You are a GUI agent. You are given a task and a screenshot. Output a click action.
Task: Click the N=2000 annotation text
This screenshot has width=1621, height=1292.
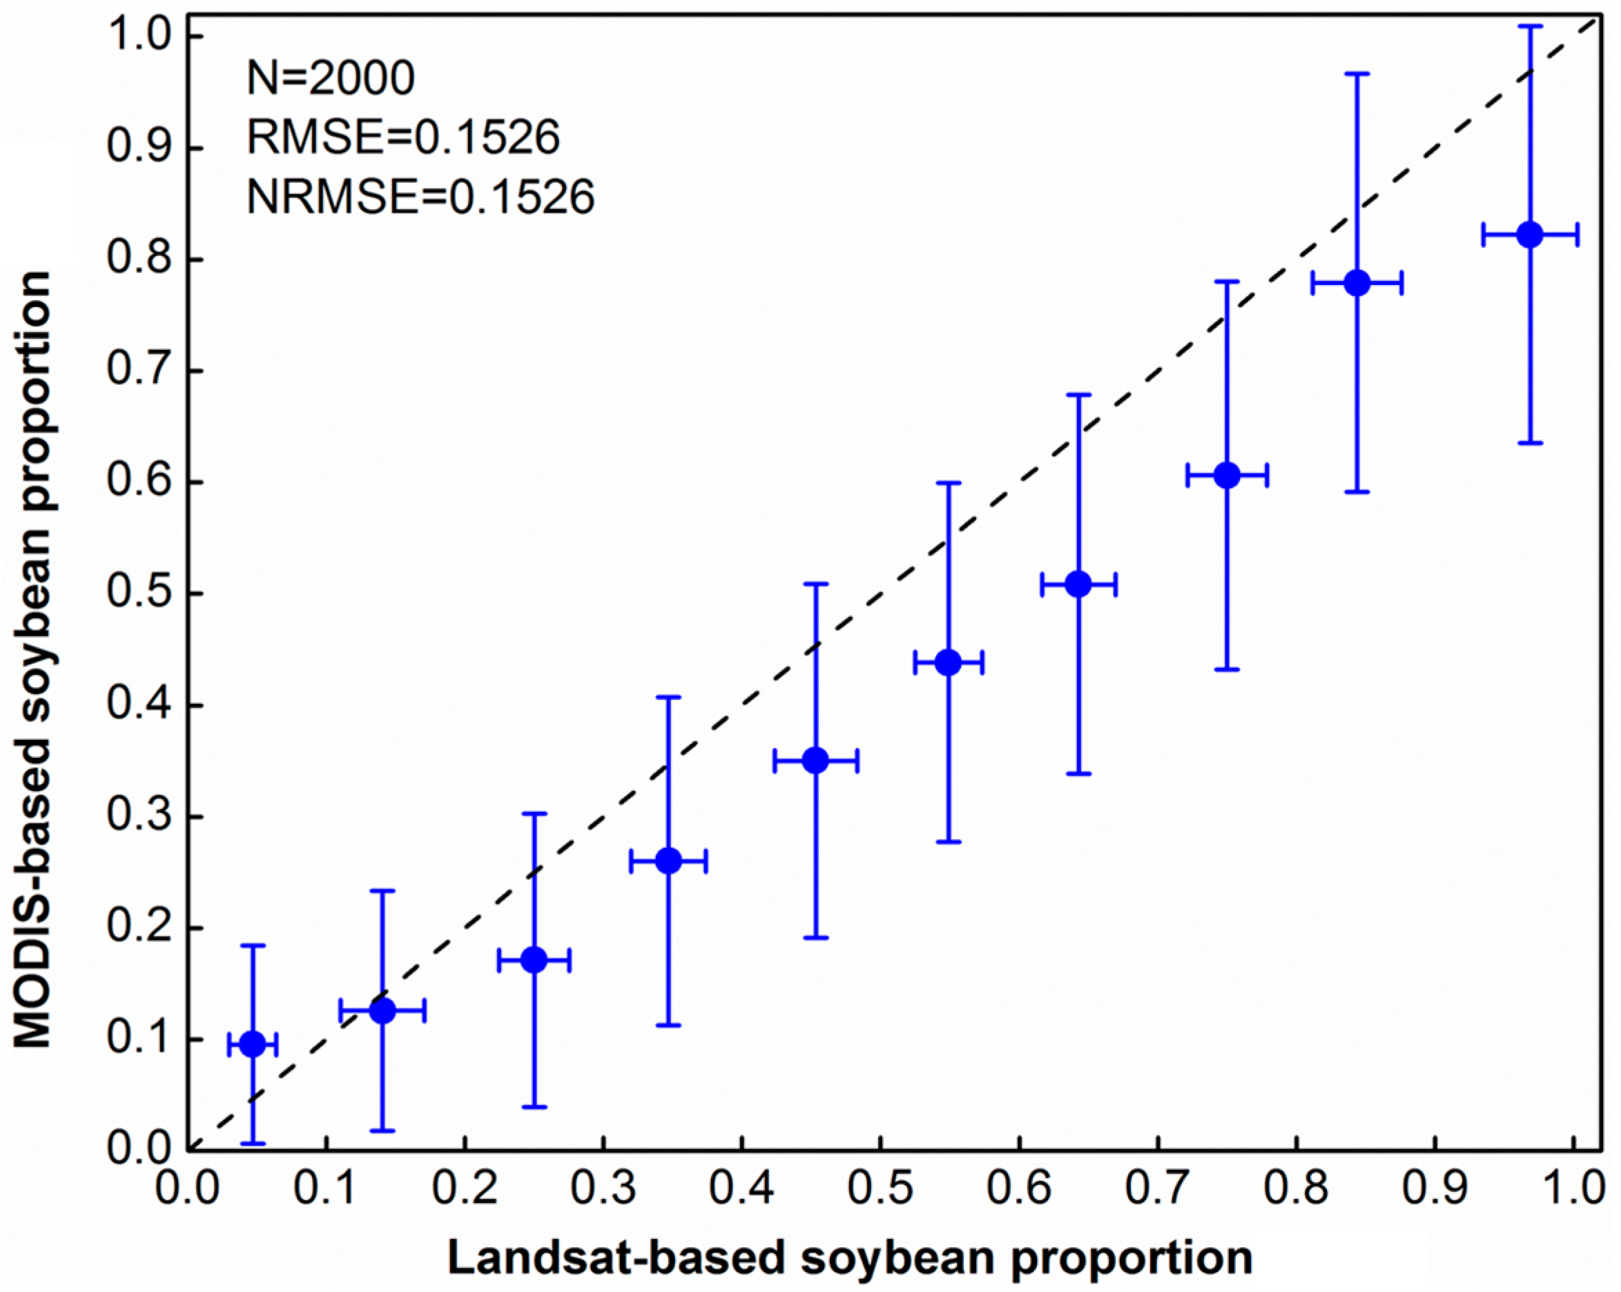(331, 78)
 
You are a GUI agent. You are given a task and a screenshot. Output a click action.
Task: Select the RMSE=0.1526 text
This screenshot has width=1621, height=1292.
(403, 137)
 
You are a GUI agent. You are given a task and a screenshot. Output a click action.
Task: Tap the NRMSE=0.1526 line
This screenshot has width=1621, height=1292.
(421, 197)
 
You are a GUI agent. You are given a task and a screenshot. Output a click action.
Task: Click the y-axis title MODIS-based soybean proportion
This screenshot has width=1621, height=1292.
(33, 660)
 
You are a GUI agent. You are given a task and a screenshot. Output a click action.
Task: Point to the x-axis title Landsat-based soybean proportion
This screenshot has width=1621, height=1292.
(851, 1257)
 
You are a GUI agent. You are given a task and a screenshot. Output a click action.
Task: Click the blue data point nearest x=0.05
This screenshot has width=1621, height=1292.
(253, 1045)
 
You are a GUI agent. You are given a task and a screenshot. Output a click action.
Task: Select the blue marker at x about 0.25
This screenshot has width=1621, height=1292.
(534, 960)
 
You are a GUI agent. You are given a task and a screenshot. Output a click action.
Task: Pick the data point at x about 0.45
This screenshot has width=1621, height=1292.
(816, 761)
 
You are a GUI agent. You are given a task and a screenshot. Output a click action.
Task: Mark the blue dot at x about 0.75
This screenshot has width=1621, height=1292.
(1227, 476)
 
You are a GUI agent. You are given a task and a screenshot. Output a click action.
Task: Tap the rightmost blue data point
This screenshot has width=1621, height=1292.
(1530, 235)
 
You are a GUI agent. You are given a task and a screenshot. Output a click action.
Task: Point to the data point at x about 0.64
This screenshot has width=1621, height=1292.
(1079, 584)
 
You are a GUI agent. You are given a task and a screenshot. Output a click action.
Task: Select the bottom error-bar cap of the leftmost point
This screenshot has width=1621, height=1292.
(253, 1143)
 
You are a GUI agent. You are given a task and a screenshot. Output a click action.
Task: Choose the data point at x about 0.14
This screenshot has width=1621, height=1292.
(382, 1011)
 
